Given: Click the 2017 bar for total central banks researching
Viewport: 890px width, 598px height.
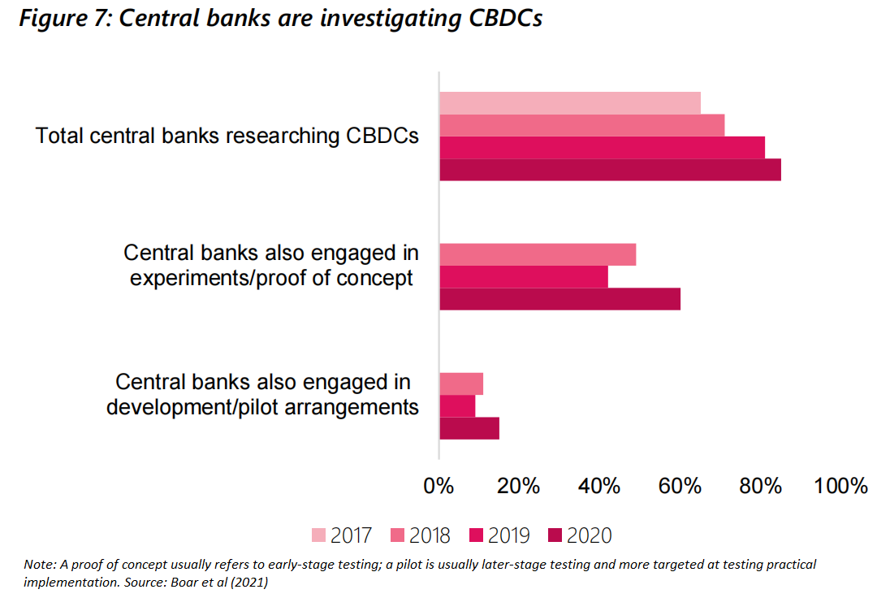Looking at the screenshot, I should click(x=569, y=103).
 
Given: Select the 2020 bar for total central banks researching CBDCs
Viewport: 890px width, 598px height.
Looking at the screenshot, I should click(x=610, y=169).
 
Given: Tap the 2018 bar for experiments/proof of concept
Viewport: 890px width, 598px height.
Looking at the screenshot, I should click(x=537, y=254).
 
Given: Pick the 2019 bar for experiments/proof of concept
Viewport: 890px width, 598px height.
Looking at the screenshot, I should click(x=523, y=276).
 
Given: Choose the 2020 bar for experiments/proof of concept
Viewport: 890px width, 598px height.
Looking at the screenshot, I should click(x=559, y=298).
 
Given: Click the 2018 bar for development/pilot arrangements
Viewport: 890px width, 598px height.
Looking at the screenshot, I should click(x=460, y=383).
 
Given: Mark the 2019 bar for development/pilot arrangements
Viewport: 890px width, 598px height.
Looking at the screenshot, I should click(x=456, y=405).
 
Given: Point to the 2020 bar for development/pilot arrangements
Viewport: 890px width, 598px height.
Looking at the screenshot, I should click(x=469, y=427).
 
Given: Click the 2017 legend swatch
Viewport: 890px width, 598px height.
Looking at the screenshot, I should click(x=319, y=535).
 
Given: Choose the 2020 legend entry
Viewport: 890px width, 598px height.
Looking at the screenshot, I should click(x=579, y=535).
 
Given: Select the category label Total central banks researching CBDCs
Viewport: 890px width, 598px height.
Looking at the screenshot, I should click(x=227, y=136).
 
